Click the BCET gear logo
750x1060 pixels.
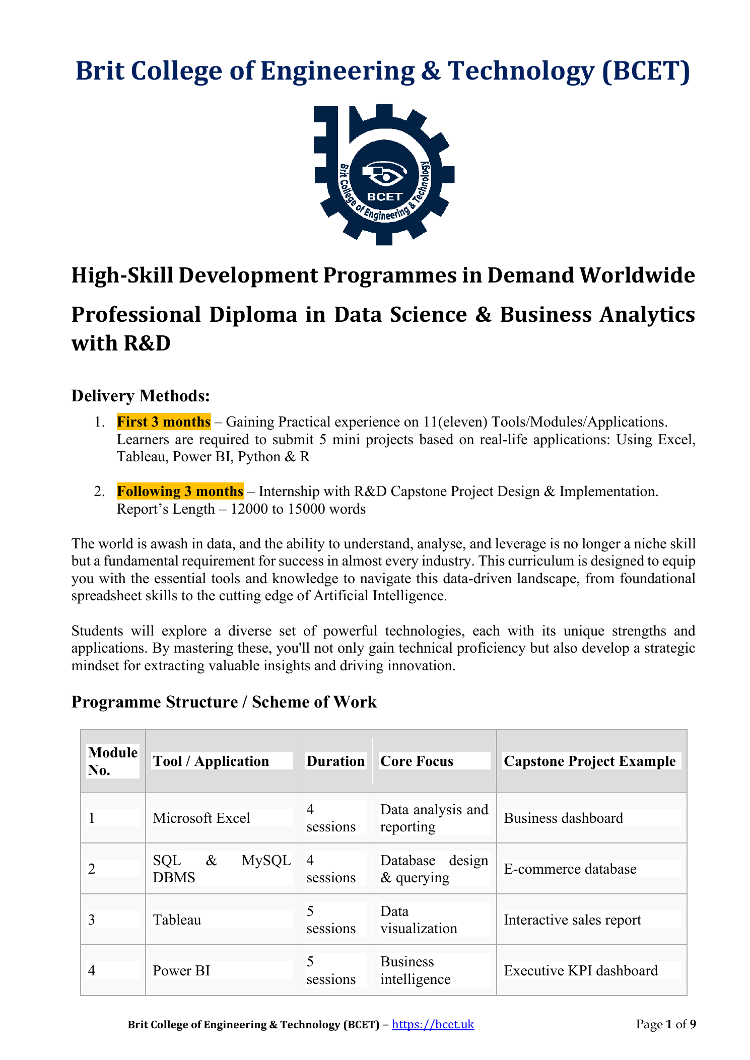(x=384, y=175)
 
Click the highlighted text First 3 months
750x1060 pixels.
(x=164, y=421)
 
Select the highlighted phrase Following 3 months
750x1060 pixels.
(x=180, y=491)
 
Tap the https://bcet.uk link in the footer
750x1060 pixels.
(x=433, y=1024)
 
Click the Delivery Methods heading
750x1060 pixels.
(x=141, y=396)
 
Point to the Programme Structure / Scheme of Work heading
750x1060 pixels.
(x=224, y=702)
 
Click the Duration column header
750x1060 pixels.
(x=335, y=761)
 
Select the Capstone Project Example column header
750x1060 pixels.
(x=589, y=761)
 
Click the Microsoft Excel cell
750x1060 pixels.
(x=201, y=818)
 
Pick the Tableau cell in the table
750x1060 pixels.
(x=177, y=920)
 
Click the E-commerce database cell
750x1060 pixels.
(x=570, y=869)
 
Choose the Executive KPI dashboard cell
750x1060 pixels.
(x=580, y=970)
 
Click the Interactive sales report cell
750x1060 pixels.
(x=572, y=920)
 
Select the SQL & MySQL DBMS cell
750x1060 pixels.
(x=222, y=869)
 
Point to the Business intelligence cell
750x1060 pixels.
(x=415, y=970)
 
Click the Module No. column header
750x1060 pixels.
(x=112, y=761)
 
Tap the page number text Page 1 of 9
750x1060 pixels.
(x=665, y=1024)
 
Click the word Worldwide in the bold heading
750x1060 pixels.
(x=637, y=275)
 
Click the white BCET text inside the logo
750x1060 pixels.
(x=385, y=197)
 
